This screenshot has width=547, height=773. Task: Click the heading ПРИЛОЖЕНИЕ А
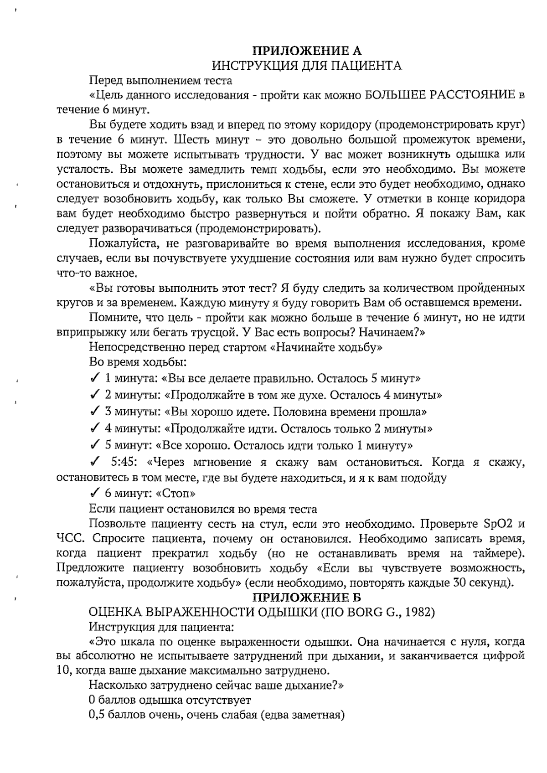tap(307, 50)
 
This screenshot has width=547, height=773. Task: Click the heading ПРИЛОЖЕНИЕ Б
tap(307, 597)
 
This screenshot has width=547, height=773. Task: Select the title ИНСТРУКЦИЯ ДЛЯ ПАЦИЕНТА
tap(307, 66)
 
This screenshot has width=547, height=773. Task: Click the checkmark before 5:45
tap(95, 463)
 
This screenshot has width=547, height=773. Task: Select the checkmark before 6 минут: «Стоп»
tap(95, 493)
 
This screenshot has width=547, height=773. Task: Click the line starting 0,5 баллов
tap(217, 715)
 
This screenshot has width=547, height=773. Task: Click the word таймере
tap(498, 553)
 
